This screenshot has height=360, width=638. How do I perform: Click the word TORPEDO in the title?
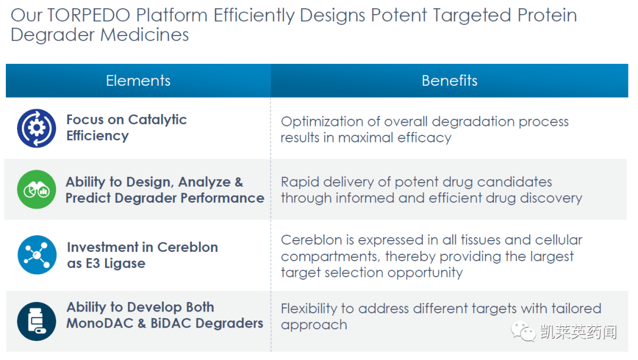click(x=89, y=15)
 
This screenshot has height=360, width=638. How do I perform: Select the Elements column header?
click(x=138, y=80)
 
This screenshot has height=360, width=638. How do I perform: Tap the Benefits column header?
click(x=449, y=80)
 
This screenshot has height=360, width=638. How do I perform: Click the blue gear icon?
click(x=37, y=128)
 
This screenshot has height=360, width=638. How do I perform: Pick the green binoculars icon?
click(x=37, y=189)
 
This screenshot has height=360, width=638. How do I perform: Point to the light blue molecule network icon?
click(x=37, y=255)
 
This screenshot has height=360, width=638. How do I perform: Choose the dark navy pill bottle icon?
click(x=37, y=322)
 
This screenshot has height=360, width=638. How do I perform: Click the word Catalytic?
click(x=158, y=120)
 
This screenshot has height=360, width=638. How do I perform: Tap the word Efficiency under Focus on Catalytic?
click(x=97, y=136)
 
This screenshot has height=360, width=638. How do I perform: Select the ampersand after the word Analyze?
click(x=239, y=182)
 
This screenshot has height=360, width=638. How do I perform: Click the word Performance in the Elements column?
click(x=223, y=198)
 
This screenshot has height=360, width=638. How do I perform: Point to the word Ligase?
click(x=125, y=264)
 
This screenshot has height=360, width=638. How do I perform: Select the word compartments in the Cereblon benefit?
click(x=331, y=257)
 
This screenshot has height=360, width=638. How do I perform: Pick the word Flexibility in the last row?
click(x=309, y=309)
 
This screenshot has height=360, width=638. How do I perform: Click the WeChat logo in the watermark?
click(x=523, y=331)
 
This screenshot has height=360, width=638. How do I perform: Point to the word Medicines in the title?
click(x=145, y=35)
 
